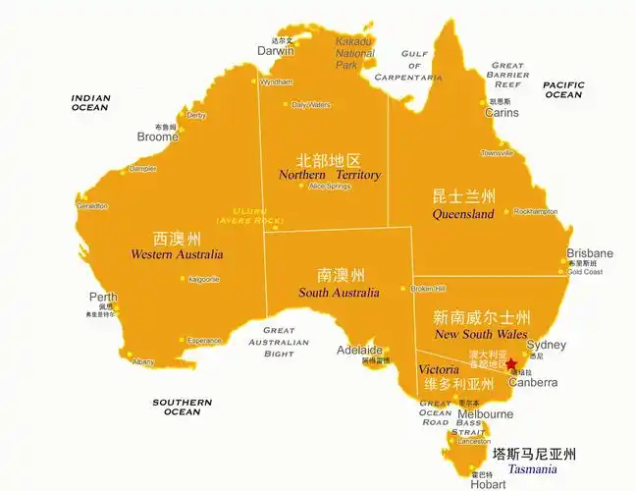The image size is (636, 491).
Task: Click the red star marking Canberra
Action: (510, 363)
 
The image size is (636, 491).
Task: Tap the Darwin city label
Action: (276, 50)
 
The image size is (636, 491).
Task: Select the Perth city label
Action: (103, 297)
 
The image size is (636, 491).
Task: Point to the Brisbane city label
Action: (589, 253)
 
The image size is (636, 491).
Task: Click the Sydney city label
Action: (546, 345)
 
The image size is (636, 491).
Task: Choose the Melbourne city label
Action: (485, 414)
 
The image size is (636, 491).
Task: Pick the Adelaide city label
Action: (359, 350)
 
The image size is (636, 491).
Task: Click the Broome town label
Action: (157, 137)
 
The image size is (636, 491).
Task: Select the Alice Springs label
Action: (330, 186)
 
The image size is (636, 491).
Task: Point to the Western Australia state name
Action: (177, 254)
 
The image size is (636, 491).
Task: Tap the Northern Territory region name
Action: (330, 175)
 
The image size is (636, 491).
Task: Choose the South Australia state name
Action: (340, 293)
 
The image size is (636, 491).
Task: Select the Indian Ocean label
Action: (90, 102)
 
